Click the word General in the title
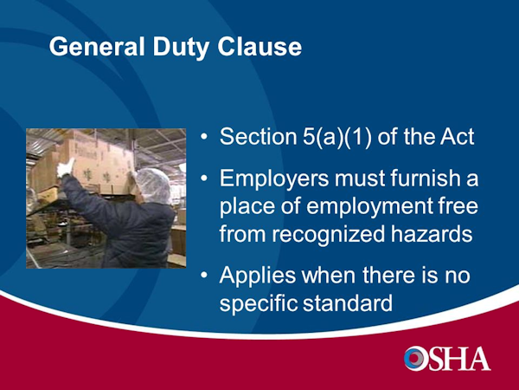coord(97,47)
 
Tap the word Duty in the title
coord(181,49)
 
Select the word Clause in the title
coord(259,47)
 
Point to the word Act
coord(457,136)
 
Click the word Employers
coord(274,179)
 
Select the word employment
coord(369,207)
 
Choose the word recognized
coord(329,235)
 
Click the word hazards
coord(432,233)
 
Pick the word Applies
coord(258,276)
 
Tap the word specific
coord(258,303)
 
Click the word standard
coord(348,302)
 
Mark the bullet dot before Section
coord(204,136)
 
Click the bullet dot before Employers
coord(204,178)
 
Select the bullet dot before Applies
coord(204,276)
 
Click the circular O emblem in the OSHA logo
coord(415,358)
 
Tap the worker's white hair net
coord(154,185)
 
